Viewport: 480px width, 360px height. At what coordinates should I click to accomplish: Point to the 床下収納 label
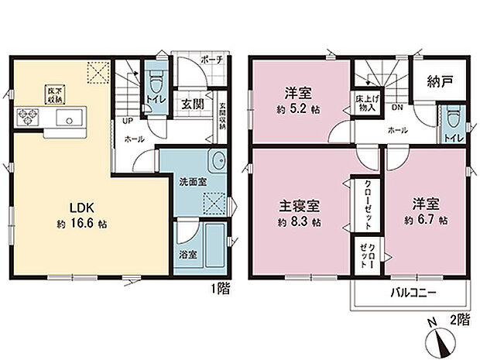(52, 94)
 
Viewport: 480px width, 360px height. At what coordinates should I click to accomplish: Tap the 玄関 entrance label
(193, 105)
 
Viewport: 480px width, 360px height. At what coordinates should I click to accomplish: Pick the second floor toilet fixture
(452, 118)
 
